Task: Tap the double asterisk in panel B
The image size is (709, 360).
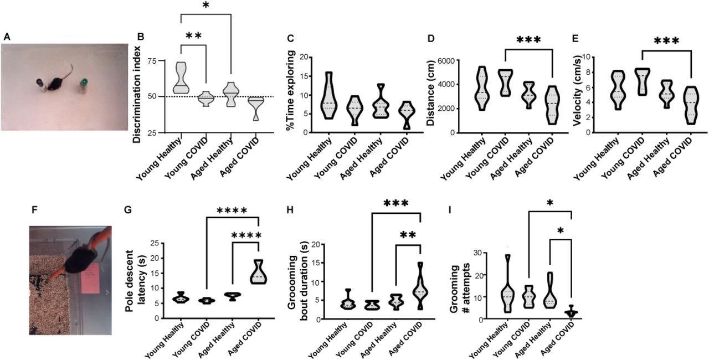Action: coord(193,37)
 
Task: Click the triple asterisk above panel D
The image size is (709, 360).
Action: coord(528,40)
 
